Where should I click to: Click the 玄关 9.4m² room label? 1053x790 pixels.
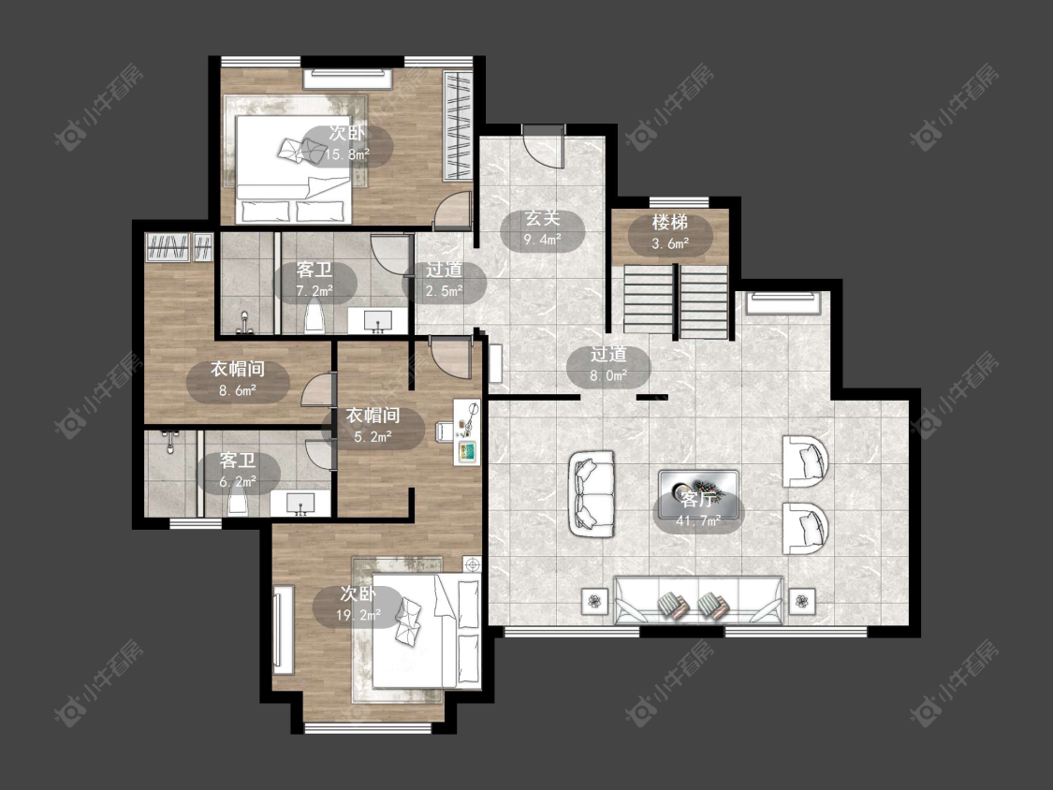click(x=543, y=229)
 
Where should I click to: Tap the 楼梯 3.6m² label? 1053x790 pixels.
click(x=670, y=232)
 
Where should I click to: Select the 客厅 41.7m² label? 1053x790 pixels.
click(x=698, y=510)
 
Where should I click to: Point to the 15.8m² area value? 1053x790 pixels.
click(x=346, y=154)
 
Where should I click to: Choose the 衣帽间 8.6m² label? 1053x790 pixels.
click(x=238, y=379)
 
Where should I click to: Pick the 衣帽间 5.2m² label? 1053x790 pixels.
click(x=373, y=426)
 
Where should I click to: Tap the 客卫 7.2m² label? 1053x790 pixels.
click(x=314, y=281)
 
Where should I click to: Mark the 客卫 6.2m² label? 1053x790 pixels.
click(x=238, y=472)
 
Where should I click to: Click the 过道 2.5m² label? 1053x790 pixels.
click(x=444, y=281)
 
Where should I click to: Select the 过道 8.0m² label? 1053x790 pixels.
click(x=608, y=365)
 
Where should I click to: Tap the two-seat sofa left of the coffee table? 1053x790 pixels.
click(x=592, y=493)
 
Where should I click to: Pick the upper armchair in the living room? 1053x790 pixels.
click(x=805, y=461)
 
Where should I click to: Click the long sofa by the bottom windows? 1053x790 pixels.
click(x=698, y=600)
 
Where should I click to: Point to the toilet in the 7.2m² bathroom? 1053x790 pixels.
click(x=314, y=318)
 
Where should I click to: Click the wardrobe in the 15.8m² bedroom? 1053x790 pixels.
click(x=459, y=125)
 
